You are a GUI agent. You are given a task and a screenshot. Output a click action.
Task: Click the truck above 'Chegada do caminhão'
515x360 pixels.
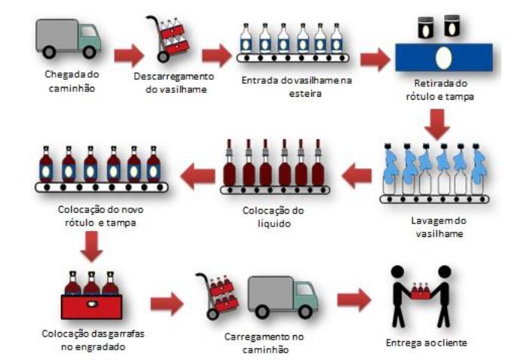click(68, 38)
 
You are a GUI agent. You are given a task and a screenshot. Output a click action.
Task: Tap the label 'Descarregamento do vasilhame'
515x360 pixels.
click(174, 83)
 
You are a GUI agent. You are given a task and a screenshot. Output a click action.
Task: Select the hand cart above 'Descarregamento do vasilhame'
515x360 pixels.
click(168, 38)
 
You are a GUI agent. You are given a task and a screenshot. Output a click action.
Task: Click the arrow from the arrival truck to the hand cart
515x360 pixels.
click(128, 55)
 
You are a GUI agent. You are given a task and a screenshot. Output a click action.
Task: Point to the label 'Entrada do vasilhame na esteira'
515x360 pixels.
click(297, 87)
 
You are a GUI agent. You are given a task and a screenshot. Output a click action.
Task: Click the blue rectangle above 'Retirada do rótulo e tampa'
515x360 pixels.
click(444, 57)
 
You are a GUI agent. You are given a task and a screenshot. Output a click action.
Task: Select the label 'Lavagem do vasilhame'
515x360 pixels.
click(439, 226)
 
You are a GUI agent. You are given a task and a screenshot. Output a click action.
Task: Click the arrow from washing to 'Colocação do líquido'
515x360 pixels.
click(357, 175)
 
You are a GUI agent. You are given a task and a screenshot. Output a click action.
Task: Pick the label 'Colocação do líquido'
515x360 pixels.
click(273, 217)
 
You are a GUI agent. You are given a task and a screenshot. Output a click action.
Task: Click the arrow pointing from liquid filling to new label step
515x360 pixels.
click(198, 176)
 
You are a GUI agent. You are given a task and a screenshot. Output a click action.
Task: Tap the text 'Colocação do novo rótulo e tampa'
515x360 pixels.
click(100, 216)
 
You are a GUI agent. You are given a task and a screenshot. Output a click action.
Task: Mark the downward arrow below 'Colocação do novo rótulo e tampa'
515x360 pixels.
click(91, 246)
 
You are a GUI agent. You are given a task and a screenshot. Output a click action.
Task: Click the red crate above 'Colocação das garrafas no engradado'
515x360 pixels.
click(91, 306)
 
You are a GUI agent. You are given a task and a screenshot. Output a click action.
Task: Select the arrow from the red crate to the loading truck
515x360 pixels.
click(167, 303)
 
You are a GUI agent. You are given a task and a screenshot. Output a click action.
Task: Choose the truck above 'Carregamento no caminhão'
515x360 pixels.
click(282, 297)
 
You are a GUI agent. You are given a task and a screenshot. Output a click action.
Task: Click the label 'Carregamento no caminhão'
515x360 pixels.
click(264, 343)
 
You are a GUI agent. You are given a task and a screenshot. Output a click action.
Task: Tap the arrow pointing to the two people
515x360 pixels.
click(354, 300)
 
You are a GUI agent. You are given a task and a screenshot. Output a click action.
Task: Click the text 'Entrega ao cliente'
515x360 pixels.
click(427, 343)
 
